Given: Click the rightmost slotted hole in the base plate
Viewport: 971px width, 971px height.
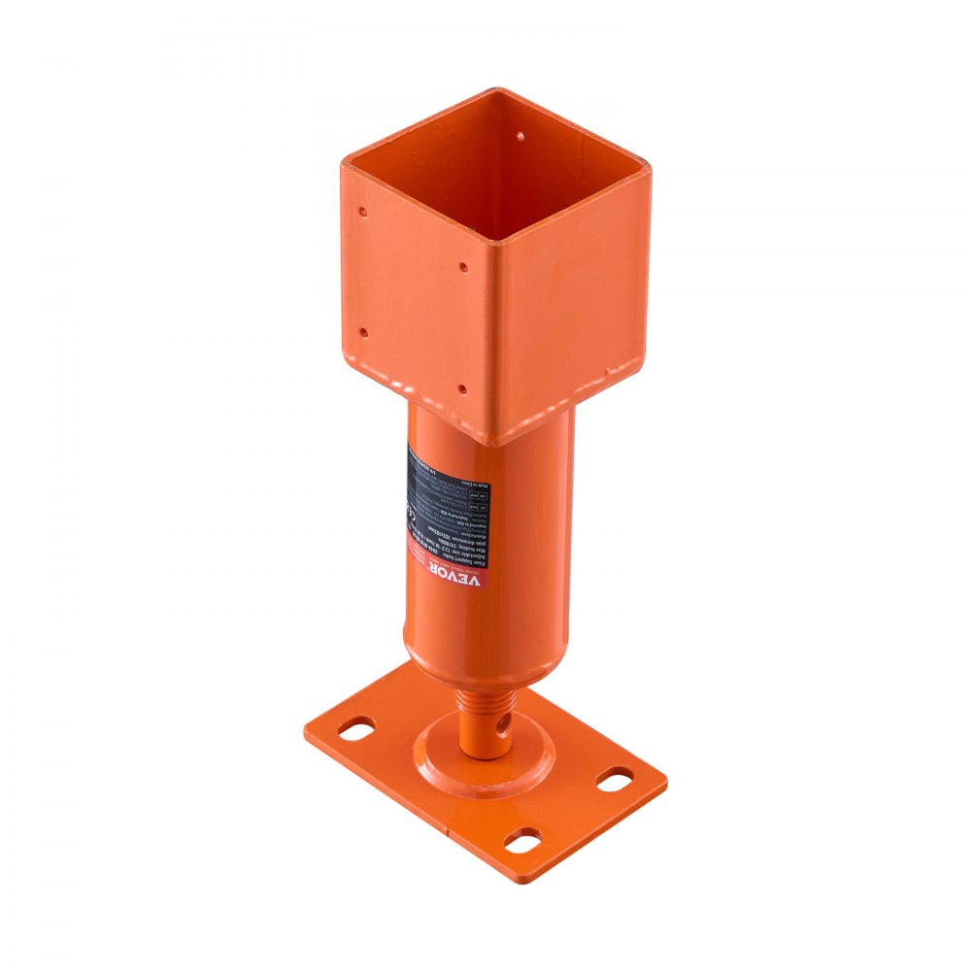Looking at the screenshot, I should [x=615, y=780].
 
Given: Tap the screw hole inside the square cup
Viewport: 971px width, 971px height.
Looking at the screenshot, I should [x=519, y=138].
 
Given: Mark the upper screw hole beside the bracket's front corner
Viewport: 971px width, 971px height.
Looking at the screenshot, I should [x=463, y=265].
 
